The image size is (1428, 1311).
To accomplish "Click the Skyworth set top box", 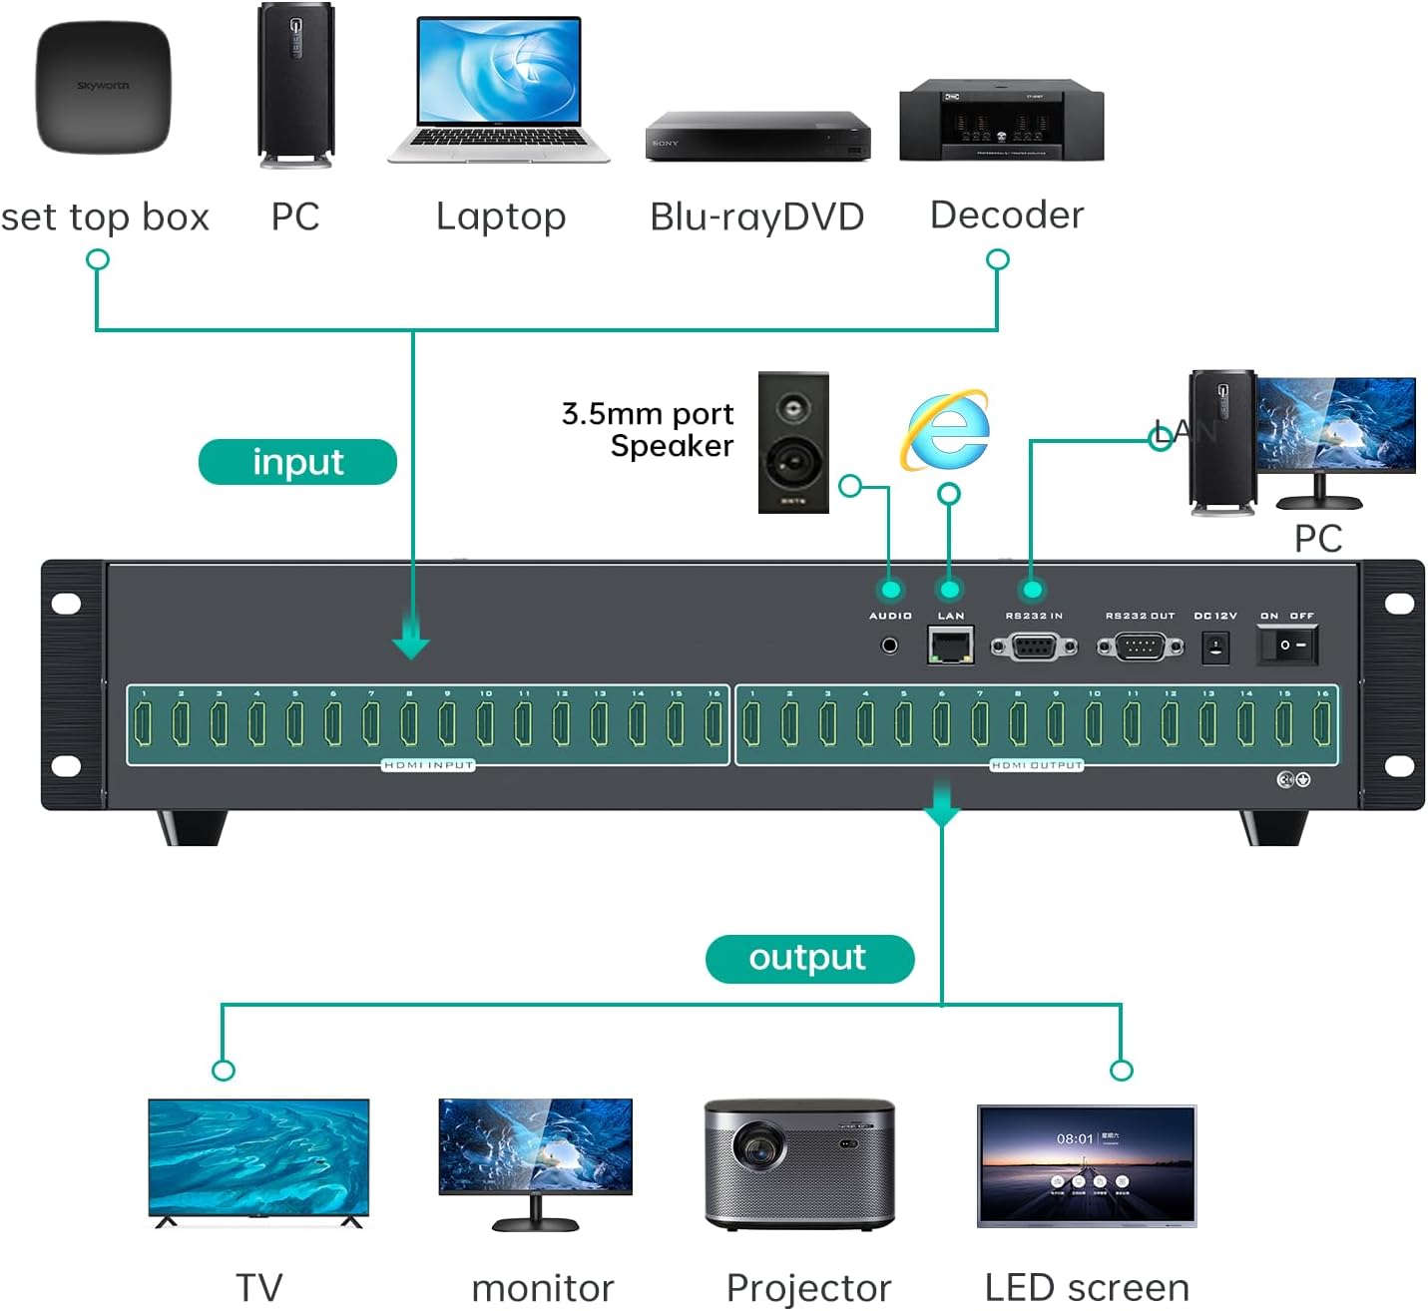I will (x=103, y=88).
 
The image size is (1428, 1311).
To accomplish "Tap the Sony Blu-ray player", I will (x=757, y=137).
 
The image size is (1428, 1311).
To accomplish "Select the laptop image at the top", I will (x=499, y=90).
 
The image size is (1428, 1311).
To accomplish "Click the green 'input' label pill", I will (x=297, y=462).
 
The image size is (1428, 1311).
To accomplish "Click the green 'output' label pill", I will (x=808, y=958).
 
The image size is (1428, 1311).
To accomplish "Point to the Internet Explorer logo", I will (x=946, y=430).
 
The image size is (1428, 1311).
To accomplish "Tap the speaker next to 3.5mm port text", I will (x=793, y=443).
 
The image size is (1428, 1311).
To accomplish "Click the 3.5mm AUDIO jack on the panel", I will (x=889, y=646).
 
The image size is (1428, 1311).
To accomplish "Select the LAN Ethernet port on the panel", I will (x=950, y=646).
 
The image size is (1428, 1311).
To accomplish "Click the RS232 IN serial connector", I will (x=1034, y=648).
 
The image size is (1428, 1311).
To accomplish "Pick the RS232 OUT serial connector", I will (x=1140, y=648).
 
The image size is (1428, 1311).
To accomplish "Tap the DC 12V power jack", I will (x=1214, y=648).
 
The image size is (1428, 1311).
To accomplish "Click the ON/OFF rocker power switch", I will (x=1287, y=646).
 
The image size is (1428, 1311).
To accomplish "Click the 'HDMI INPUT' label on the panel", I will (x=428, y=765).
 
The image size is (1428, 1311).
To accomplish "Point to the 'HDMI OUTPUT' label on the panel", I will (x=1036, y=765).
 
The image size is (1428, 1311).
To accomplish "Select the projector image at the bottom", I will (x=799, y=1163).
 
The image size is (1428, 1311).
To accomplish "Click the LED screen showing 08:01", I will (x=1086, y=1165).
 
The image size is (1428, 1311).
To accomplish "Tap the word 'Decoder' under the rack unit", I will (x=1006, y=216).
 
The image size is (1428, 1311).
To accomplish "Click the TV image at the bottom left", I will (x=258, y=1160).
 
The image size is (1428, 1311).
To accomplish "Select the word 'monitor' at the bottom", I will (x=542, y=1288).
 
